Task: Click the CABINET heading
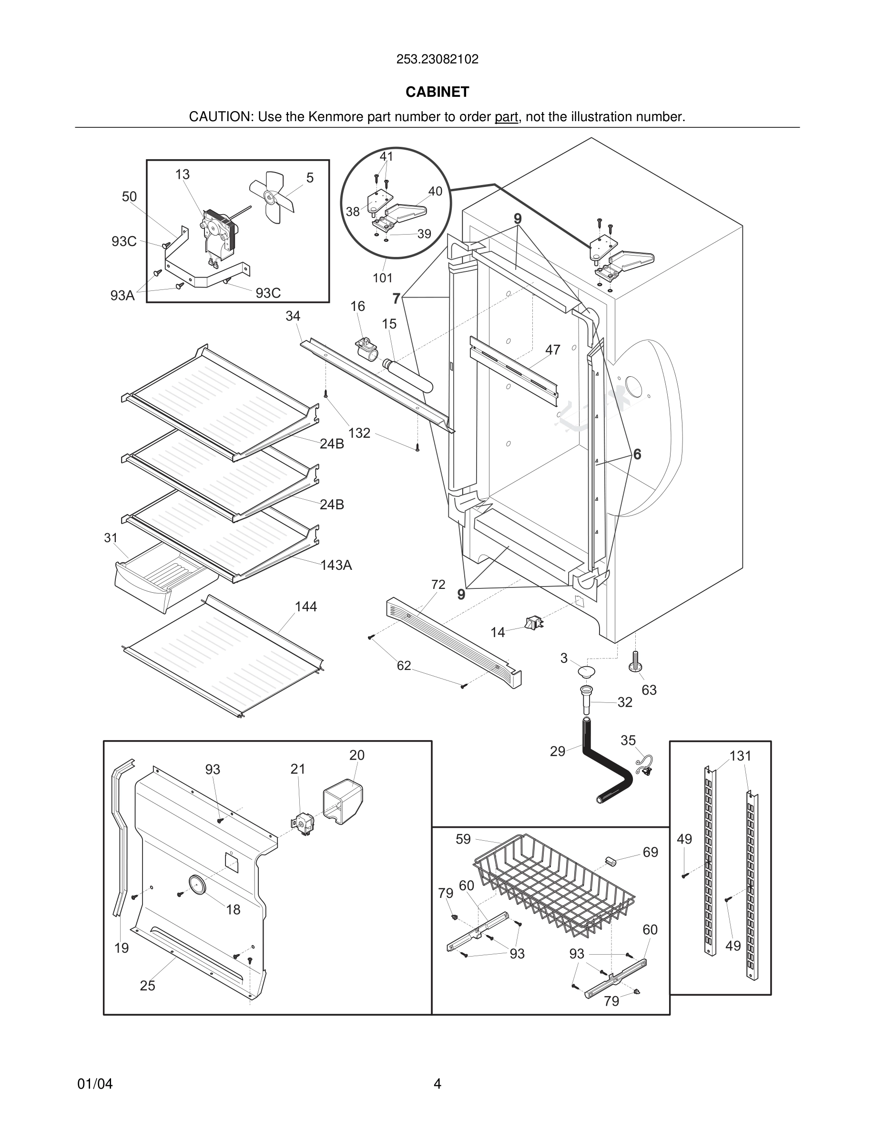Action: point(437,92)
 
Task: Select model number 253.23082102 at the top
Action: point(437,59)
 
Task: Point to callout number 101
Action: point(383,278)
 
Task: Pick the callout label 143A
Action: point(336,565)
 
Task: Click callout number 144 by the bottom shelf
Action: point(306,607)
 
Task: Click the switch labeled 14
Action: point(534,622)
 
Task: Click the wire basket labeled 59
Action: point(555,882)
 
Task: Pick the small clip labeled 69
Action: point(610,861)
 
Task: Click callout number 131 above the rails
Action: point(740,756)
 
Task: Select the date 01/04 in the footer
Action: point(95,1084)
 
